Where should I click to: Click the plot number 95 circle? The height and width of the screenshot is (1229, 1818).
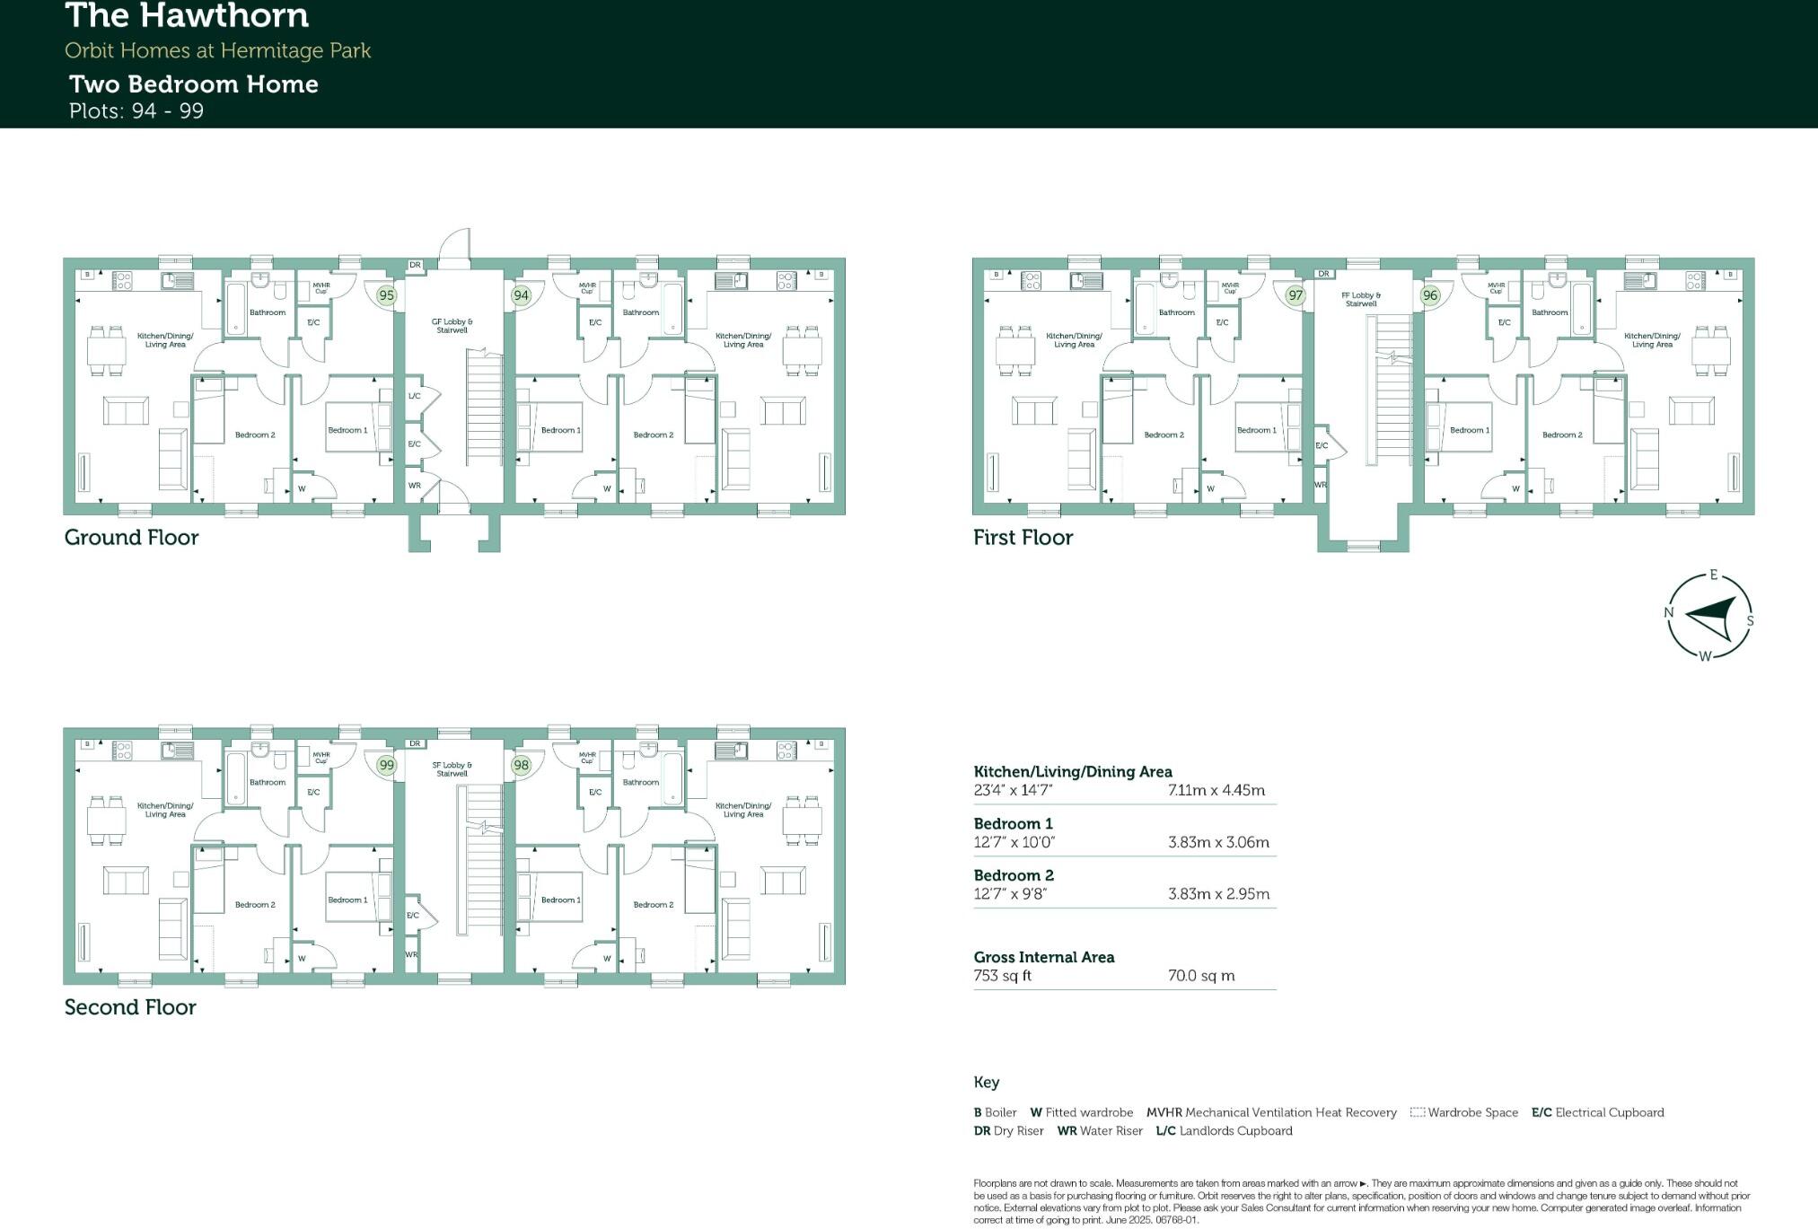click(x=386, y=295)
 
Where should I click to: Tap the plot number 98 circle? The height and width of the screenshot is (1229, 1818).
click(x=521, y=765)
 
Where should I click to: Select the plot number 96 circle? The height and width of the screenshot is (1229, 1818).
click(x=1430, y=295)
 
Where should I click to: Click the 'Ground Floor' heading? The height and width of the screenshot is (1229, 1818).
click(x=131, y=538)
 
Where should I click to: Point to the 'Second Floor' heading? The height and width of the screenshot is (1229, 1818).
click(x=130, y=1007)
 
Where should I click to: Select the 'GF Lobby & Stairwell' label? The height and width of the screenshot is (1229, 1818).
click(x=452, y=325)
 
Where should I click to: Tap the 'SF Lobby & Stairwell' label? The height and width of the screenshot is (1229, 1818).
click(x=452, y=769)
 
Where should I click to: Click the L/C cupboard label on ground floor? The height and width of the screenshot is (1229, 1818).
click(x=414, y=396)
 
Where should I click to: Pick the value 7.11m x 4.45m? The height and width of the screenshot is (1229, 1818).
click(x=1216, y=791)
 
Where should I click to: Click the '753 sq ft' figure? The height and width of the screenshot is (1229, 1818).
click(x=1002, y=976)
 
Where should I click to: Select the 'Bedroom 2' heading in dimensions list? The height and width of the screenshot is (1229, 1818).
click(x=1014, y=875)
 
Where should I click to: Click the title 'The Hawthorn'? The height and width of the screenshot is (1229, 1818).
click(x=188, y=16)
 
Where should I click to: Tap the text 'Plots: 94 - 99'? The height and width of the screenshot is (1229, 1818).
click(x=136, y=111)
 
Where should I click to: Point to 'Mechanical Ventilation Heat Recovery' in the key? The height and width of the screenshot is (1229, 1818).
click(x=1290, y=1113)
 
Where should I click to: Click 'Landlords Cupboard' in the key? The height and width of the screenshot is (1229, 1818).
click(x=1235, y=1131)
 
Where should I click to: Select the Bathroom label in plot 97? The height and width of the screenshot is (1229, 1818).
click(x=1176, y=312)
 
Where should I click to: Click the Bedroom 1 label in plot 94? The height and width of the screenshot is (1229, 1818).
click(x=560, y=430)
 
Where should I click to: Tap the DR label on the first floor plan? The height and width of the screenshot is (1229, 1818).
click(x=1323, y=274)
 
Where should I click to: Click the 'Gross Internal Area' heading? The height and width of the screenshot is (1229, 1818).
click(x=1044, y=957)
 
